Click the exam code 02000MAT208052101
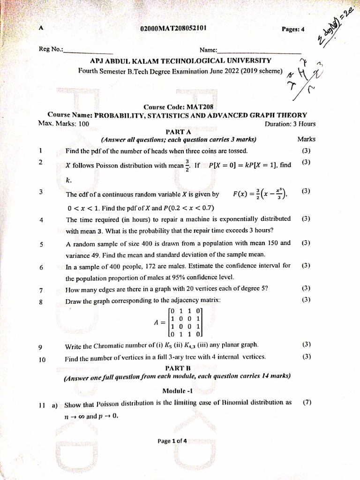[173, 29]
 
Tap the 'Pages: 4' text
[293, 29]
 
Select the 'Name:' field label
[209, 50]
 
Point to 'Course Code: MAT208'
[175, 107]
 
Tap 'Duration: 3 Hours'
[290, 124]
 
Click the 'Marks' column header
[306, 139]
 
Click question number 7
[41, 289]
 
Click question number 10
[42, 360]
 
